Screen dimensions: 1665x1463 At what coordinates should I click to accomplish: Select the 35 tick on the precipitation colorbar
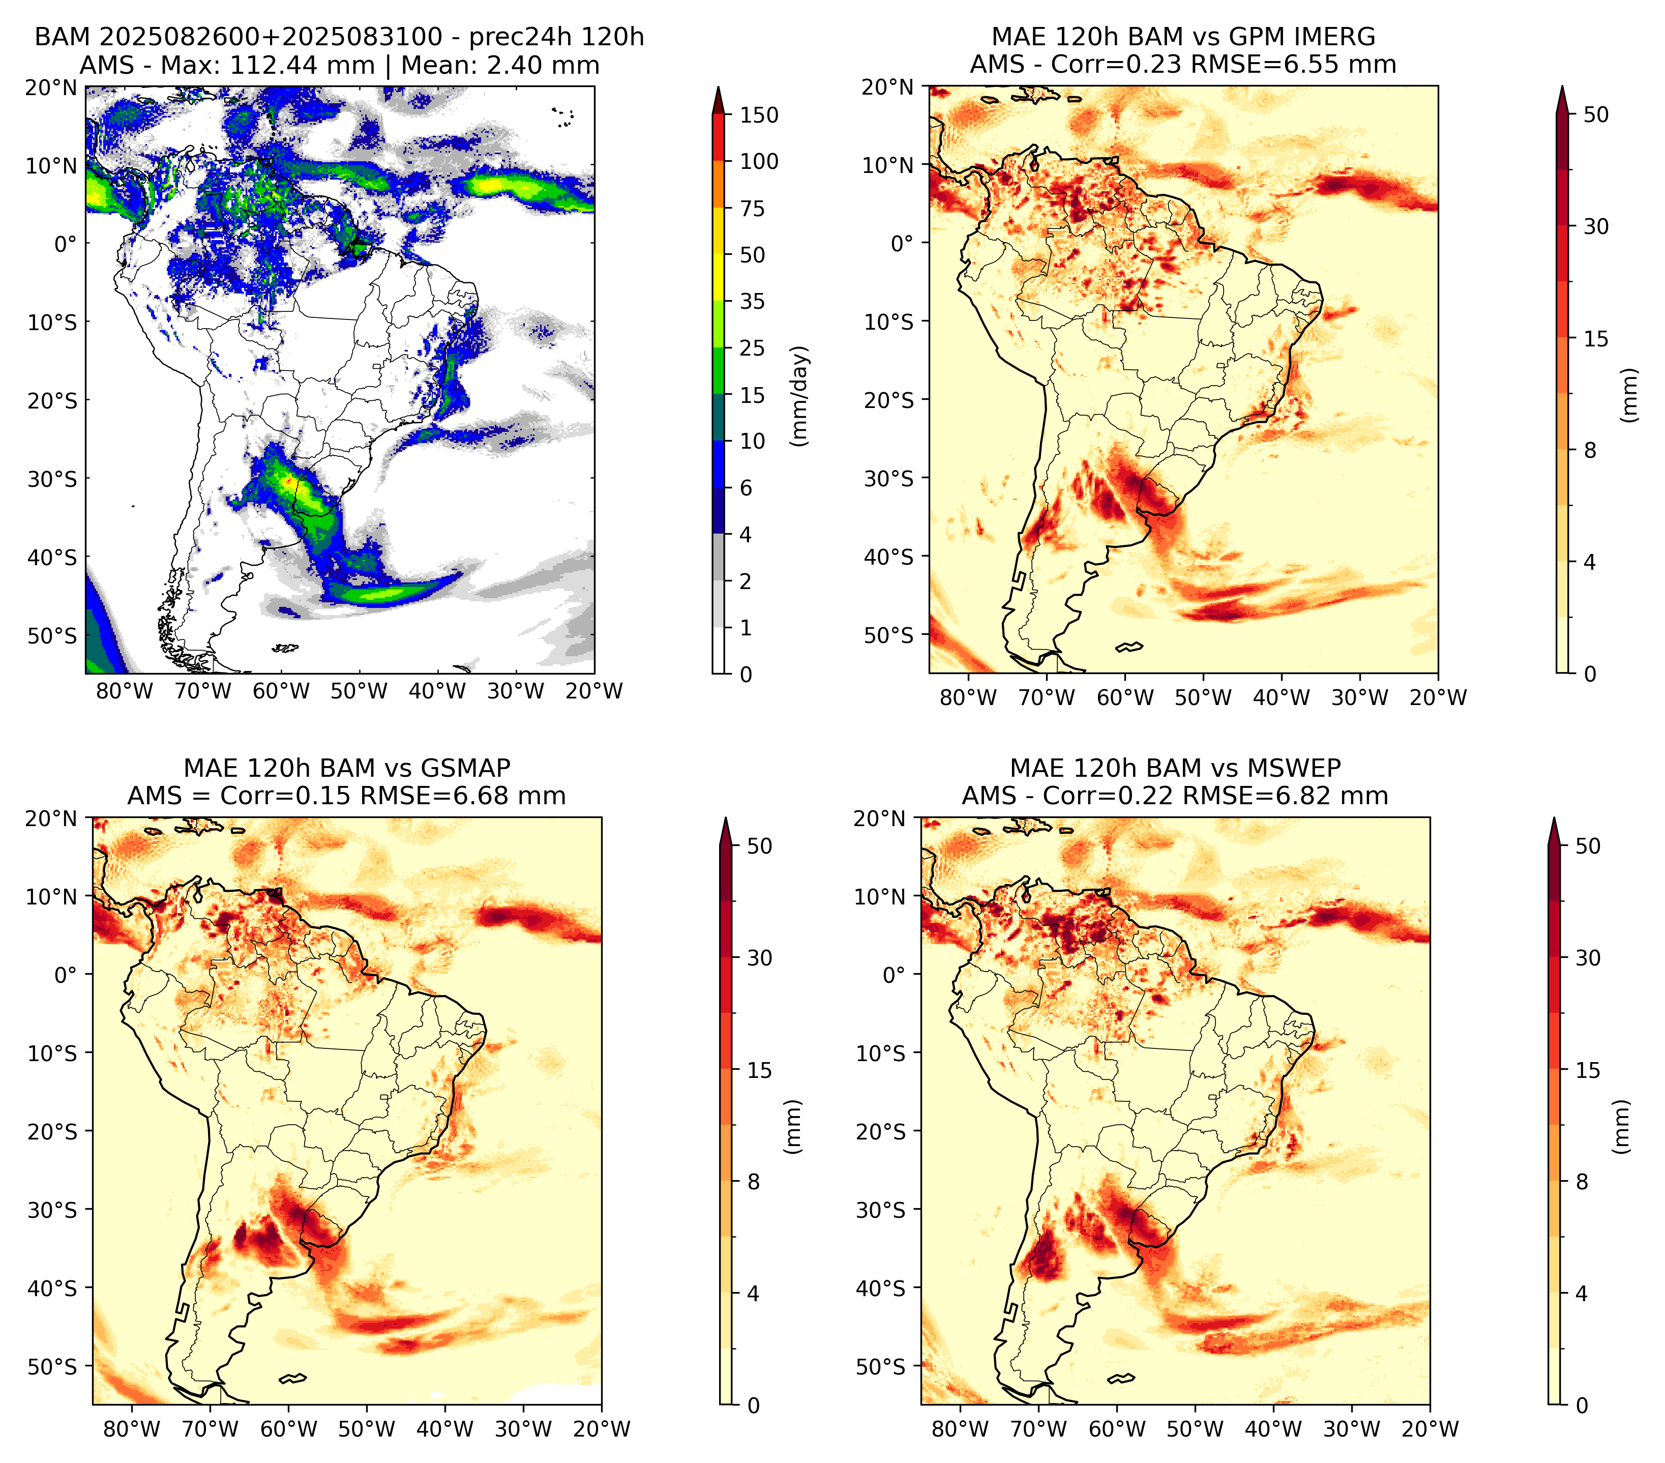pyautogui.click(x=753, y=301)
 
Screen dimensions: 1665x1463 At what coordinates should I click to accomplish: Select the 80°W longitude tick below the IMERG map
pyautogui.click(x=968, y=697)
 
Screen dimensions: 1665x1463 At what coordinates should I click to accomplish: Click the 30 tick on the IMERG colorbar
pyautogui.click(x=1596, y=226)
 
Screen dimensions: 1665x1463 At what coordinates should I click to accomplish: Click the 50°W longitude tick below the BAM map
pyautogui.click(x=359, y=691)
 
